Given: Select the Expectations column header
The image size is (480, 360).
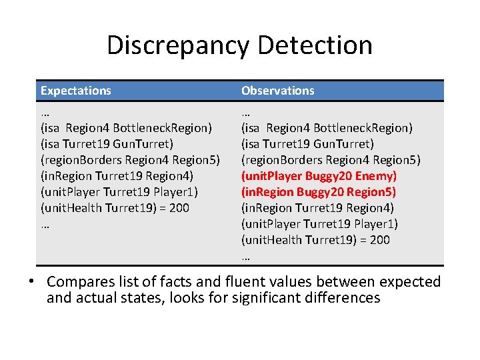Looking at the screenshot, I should tap(75, 91).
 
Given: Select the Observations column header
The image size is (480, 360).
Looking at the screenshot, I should tap(277, 91).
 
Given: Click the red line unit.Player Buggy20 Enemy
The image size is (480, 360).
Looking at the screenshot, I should tap(319, 176).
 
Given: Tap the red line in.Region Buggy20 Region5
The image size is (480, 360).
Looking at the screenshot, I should tap(319, 192).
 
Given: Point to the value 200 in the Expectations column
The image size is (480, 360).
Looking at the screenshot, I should tap(179, 208).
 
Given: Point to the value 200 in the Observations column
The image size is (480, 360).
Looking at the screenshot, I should tap(380, 240).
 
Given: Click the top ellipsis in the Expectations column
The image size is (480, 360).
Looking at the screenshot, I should tap(45, 111).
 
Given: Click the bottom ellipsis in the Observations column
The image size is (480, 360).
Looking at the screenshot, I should tap(245, 256).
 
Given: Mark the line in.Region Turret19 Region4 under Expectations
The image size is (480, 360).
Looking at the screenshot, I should tap(117, 176).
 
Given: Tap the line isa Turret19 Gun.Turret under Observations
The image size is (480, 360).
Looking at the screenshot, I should tap(307, 144).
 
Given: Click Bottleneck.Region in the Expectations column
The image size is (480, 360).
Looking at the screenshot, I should tap(162, 127).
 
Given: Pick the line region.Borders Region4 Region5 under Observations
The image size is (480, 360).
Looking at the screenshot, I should tap(331, 160).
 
